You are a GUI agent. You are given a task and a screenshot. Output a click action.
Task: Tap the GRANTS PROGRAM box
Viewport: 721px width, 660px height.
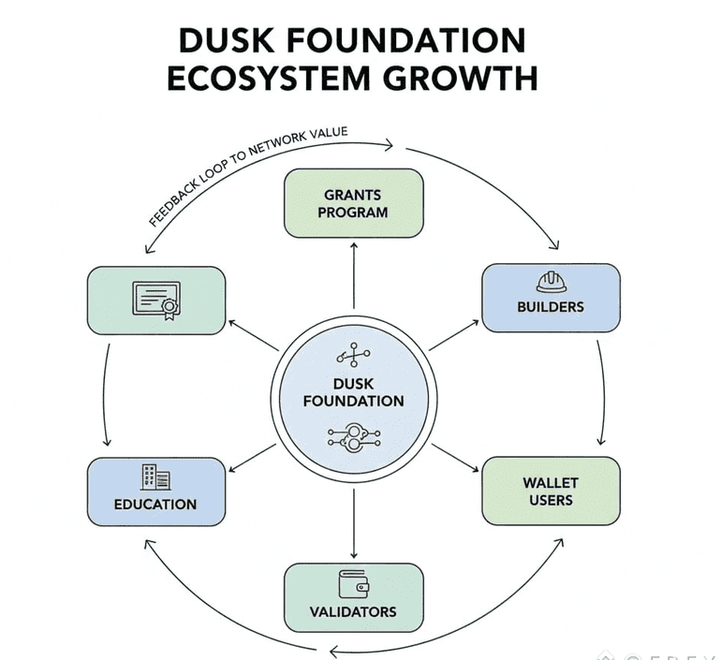(x=354, y=203)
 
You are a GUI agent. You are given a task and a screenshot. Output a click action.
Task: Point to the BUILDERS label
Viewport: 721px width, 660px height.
(x=550, y=307)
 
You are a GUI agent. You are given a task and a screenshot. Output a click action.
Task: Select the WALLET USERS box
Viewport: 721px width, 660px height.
(x=550, y=491)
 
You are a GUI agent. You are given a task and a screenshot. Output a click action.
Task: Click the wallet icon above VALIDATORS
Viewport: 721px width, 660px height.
(x=353, y=584)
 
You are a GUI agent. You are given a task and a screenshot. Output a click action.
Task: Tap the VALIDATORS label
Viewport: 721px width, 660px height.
(x=353, y=612)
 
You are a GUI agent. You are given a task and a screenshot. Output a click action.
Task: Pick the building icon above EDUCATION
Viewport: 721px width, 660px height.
(x=155, y=477)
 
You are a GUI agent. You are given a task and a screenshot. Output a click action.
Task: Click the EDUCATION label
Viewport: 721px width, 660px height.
(x=155, y=505)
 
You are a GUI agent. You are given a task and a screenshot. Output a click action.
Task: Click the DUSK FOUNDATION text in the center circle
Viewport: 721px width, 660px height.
(x=354, y=392)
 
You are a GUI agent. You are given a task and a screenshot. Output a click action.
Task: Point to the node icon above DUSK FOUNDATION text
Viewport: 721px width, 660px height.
(x=353, y=355)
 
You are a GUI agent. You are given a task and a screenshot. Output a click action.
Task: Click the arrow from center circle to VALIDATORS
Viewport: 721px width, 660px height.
(x=354, y=524)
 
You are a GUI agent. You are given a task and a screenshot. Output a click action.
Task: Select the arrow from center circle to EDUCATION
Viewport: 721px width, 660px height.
(x=251, y=456)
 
